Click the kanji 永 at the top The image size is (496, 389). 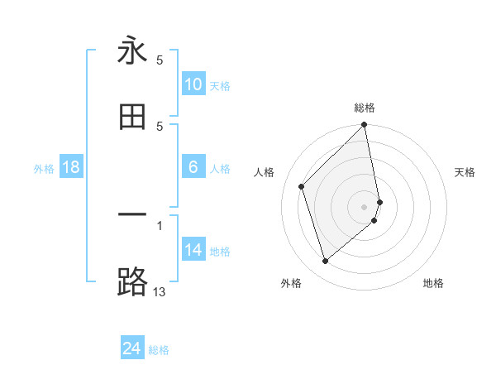click(x=132, y=50)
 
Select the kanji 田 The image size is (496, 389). click(x=132, y=117)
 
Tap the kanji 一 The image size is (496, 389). click(x=132, y=215)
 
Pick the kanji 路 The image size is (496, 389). click(x=132, y=281)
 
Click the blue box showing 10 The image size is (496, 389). click(x=193, y=84)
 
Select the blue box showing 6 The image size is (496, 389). click(x=193, y=167)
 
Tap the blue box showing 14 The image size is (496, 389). click(x=193, y=250)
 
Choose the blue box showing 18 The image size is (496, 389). click(x=71, y=167)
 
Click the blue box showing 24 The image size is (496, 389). click(x=132, y=348)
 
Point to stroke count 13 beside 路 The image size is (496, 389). click(x=160, y=292)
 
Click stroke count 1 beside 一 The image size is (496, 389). click(x=160, y=224)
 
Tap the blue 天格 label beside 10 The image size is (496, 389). click(x=220, y=86)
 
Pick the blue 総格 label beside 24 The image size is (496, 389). click(x=159, y=351)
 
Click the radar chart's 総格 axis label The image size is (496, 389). click(x=365, y=108)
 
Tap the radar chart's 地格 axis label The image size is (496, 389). click(x=433, y=283)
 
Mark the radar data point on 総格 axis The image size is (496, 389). click(x=365, y=126)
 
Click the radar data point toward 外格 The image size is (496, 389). click(x=326, y=262)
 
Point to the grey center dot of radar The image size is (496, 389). click(x=365, y=206)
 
